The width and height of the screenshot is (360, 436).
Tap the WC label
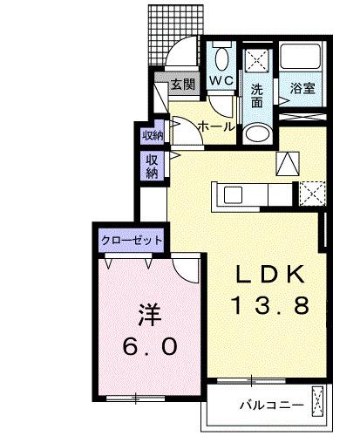[x=220, y=81]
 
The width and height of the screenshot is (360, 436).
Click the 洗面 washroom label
[x=257, y=95]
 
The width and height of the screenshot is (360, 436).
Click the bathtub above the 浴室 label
[x=302, y=58]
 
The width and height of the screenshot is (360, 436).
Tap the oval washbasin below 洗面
[x=256, y=132]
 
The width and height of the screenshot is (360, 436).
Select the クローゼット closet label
[x=129, y=239]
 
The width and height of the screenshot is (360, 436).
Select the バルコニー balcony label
[x=271, y=405]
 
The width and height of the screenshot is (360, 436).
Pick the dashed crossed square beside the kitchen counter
[x=312, y=193]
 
